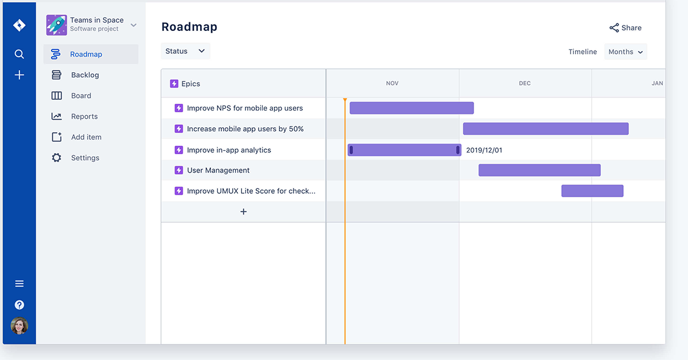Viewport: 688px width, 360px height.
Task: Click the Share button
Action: click(x=626, y=28)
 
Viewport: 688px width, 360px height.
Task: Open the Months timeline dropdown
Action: click(x=626, y=52)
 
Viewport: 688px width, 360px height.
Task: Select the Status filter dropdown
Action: click(x=185, y=51)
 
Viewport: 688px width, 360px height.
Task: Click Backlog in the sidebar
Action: click(x=85, y=75)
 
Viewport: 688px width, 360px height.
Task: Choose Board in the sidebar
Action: click(x=81, y=96)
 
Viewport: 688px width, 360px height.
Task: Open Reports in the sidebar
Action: click(x=84, y=116)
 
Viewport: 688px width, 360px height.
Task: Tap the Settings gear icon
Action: click(x=56, y=158)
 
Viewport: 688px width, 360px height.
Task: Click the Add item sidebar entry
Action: click(x=86, y=137)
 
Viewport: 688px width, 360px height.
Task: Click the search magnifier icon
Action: click(x=19, y=54)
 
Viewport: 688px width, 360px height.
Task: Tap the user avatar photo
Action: click(x=19, y=326)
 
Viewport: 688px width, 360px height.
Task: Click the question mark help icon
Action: click(x=19, y=305)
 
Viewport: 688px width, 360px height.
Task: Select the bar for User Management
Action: click(x=540, y=170)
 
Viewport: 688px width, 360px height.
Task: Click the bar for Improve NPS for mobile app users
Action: click(x=412, y=108)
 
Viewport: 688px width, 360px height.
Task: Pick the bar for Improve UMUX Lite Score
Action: click(x=592, y=191)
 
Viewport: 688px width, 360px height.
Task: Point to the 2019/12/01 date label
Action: click(x=484, y=150)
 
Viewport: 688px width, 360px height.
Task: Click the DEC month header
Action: click(x=525, y=83)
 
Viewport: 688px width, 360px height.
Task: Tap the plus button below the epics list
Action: click(x=244, y=212)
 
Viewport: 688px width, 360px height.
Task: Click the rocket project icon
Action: click(x=57, y=25)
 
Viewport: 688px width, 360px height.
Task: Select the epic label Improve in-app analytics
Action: click(x=229, y=150)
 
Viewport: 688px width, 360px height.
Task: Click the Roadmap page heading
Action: click(x=189, y=27)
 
